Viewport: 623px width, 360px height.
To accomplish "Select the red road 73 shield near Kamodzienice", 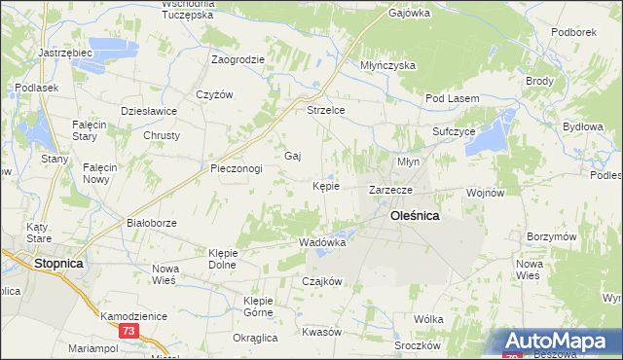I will click(x=128, y=332).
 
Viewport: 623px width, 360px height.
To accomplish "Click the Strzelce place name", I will click(x=326, y=110).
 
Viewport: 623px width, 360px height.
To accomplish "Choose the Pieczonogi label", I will click(x=237, y=168).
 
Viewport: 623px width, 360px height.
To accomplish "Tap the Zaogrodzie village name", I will click(x=238, y=59).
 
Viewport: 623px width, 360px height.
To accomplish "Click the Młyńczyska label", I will click(x=387, y=65).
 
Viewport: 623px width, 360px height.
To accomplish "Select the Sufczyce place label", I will click(x=454, y=130).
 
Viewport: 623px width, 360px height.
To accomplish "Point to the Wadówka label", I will click(x=323, y=242).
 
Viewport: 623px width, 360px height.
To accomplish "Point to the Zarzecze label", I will click(x=391, y=189).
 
